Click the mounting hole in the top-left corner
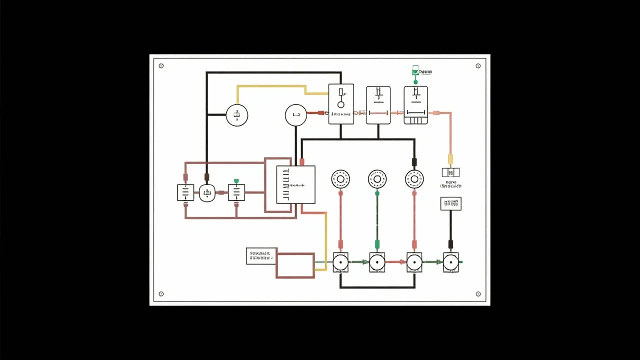[x=161, y=66]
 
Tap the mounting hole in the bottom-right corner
[x=478, y=294]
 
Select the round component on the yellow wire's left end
[x=236, y=115]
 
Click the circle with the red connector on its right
[x=295, y=115]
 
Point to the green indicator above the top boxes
[x=414, y=71]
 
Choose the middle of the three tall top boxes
[x=378, y=105]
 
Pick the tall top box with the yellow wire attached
[x=341, y=104]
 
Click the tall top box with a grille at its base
[x=415, y=105]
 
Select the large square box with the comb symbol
[x=295, y=184]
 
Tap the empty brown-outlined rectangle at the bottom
[x=295, y=265]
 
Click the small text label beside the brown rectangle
[x=261, y=256]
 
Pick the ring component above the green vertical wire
[x=377, y=178]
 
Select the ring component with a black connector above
[x=414, y=178]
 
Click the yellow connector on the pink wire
[x=450, y=159]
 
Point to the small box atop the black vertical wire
[x=450, y=203]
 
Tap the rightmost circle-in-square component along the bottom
[x=450, y=262]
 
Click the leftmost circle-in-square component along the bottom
[x=340, y=262]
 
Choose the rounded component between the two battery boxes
[x=207, y=192]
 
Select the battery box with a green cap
[x=236, y=192]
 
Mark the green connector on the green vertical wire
[x=377, y=244]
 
